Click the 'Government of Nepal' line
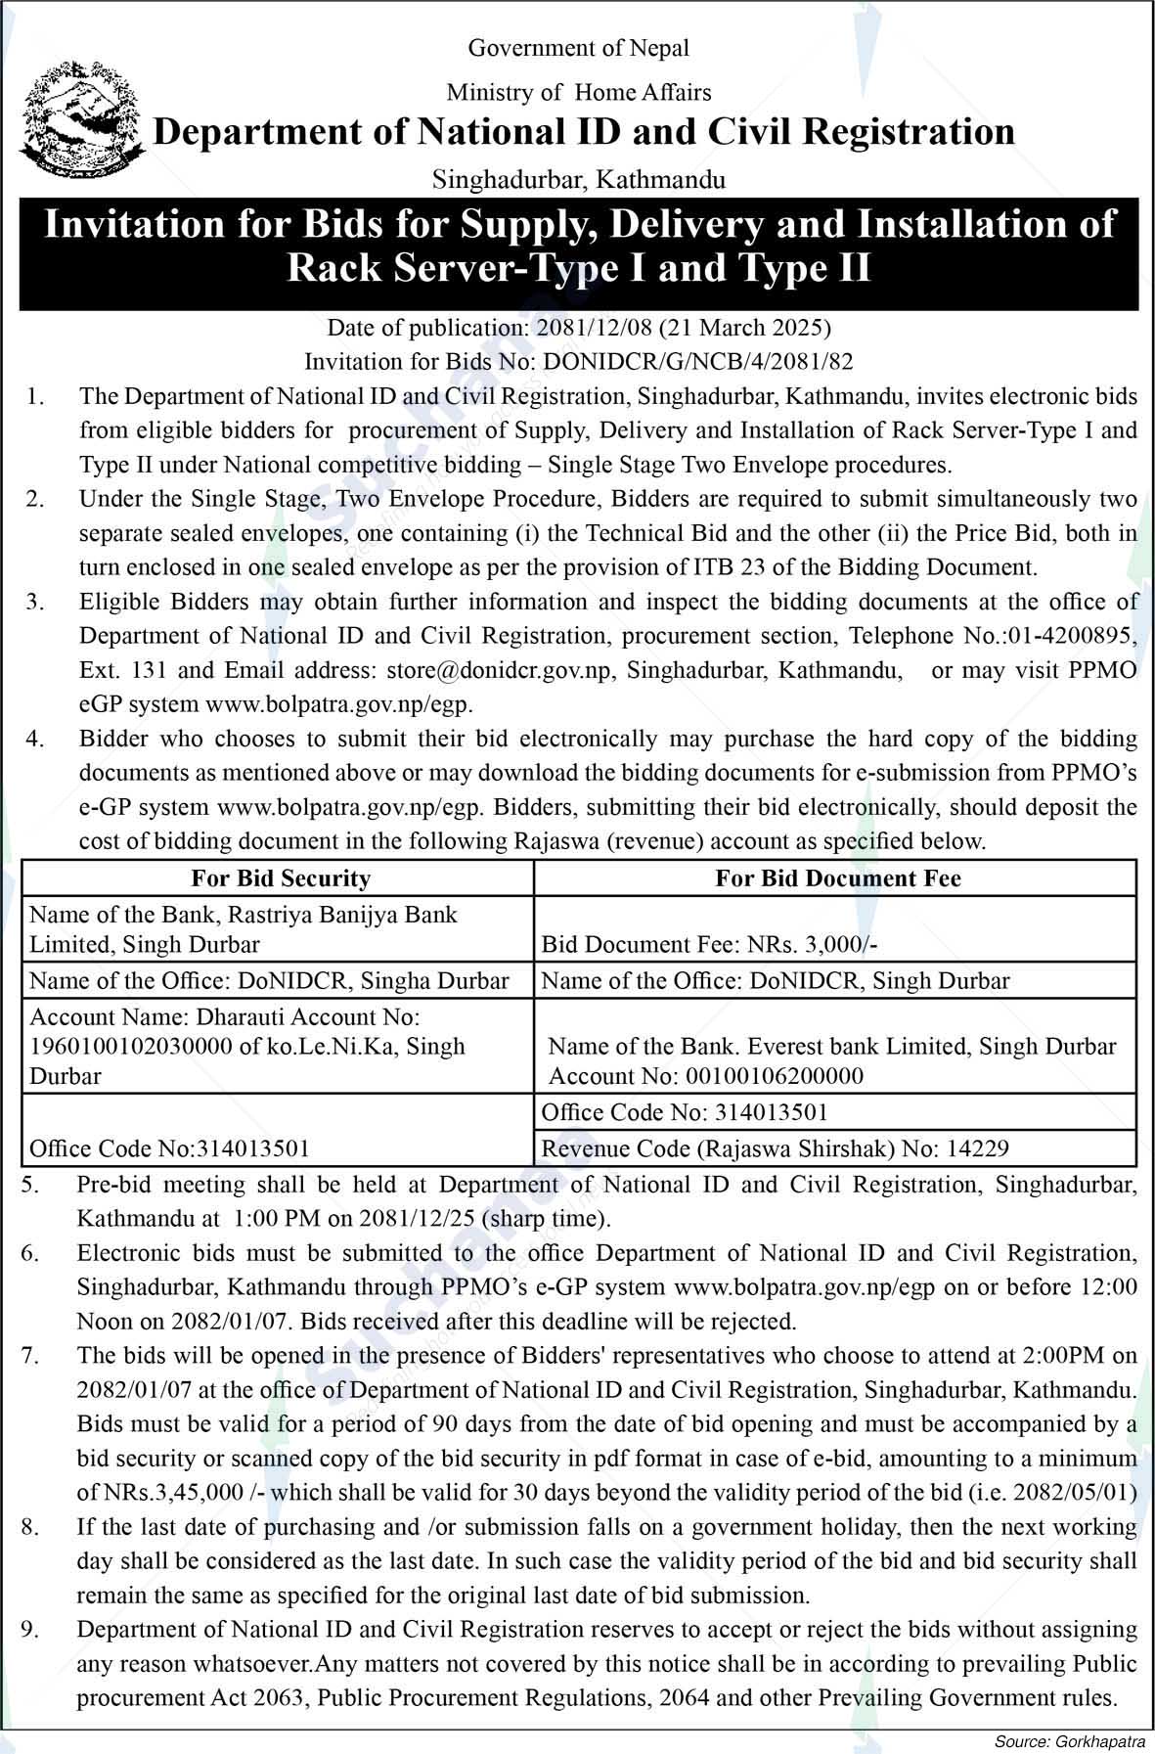[578, 48]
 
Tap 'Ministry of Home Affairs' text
[578, 93]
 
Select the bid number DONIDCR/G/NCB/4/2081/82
[697, 362]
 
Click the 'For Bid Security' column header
[281, 878]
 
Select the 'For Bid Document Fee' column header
[837, 878]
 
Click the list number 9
[31, 1630]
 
